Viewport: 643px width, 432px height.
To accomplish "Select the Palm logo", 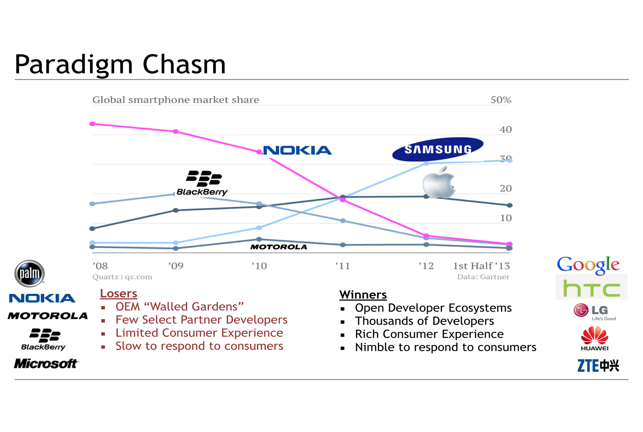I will coord(29,274).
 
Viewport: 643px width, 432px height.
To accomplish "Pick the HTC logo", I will coord(591,289).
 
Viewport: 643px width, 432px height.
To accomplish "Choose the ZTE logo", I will coord(598,366).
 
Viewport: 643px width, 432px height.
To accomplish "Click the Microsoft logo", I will coord(46,364).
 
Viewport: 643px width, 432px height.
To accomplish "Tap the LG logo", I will coord(594,312).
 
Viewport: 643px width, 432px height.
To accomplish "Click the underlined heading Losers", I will coord(119,294).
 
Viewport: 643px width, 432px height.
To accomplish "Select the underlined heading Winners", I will coord(363,295).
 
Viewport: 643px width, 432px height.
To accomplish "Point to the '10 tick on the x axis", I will coord(259,266).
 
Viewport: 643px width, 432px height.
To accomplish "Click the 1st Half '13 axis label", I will coord(481,266).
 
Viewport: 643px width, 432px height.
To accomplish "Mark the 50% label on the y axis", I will coord(501,100).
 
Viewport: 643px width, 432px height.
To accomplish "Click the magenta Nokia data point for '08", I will coord(93,124).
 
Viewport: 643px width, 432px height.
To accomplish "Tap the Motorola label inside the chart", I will coord(278,247).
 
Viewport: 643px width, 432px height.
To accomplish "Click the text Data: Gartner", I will coord(483,277).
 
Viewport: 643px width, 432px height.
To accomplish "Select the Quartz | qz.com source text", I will coord(122,277).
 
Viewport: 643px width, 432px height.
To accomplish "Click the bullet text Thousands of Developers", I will coord(424,321).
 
